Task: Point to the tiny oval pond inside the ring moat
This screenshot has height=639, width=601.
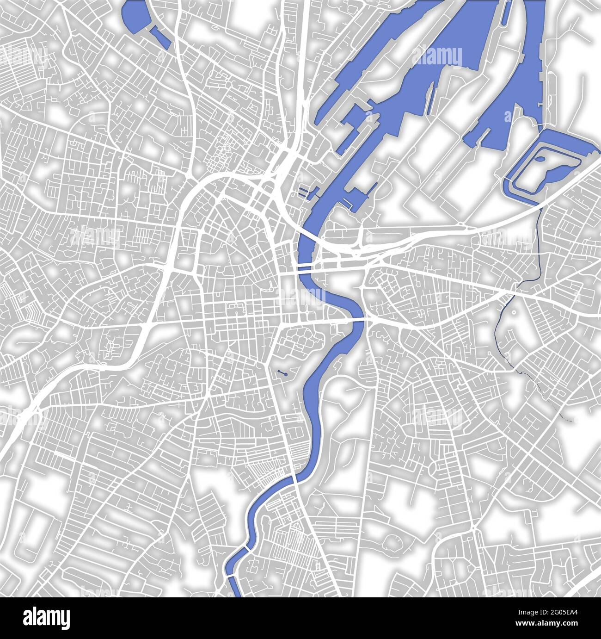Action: [540, 160]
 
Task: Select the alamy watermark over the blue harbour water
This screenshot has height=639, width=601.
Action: [437, 58]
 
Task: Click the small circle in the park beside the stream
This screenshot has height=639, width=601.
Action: [515, 314]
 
